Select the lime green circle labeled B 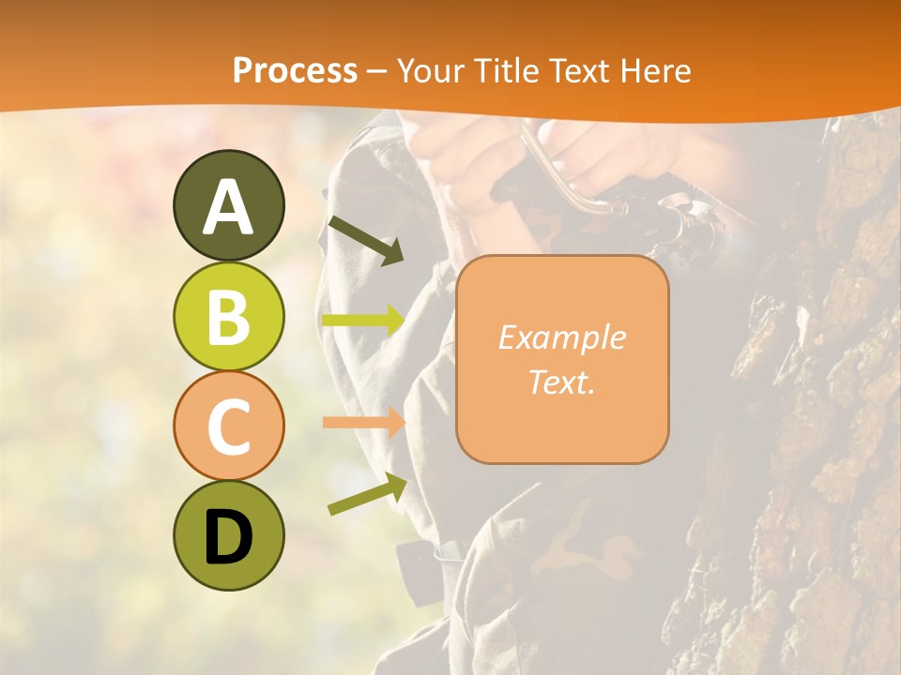(228, 316)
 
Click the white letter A (228, 207)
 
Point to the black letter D (228, 538)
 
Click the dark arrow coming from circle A (365, 240)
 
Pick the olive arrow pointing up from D (367, 494)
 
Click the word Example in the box (561, 337)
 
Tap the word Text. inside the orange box (561, 382)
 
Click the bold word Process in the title (295, 70)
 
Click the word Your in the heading (431, 70)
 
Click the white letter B (228, 317)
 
